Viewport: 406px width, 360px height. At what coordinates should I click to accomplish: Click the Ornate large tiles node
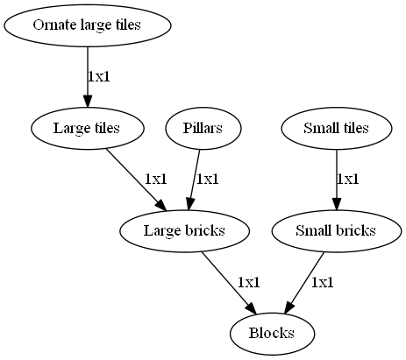88,25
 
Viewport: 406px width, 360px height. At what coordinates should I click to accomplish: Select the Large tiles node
88,128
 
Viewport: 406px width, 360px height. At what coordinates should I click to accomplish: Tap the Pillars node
203,128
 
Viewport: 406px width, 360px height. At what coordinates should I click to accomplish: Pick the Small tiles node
337,128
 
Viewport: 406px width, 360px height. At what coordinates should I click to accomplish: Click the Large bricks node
184,230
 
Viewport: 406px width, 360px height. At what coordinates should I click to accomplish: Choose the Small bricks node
337,230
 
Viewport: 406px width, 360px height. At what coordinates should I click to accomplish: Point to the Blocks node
272,334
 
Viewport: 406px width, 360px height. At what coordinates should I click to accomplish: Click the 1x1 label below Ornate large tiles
99,77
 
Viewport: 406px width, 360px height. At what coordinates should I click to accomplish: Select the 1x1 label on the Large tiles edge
156,180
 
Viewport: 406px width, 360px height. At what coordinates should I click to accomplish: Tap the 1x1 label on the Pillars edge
208,180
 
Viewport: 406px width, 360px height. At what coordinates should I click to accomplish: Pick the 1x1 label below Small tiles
348,180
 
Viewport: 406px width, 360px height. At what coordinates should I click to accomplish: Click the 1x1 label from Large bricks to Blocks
249,282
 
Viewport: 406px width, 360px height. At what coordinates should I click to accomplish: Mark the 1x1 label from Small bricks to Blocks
322,282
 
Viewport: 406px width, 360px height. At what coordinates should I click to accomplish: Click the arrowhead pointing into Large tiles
88,101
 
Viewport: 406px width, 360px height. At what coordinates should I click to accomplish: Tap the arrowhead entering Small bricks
337,204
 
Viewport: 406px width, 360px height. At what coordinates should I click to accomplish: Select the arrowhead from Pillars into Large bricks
189,204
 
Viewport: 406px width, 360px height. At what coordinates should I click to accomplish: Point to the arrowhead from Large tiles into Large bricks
160,205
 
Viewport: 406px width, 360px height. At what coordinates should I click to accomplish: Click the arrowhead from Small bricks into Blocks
289,308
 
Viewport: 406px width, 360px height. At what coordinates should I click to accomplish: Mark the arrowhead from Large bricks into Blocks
251,308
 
